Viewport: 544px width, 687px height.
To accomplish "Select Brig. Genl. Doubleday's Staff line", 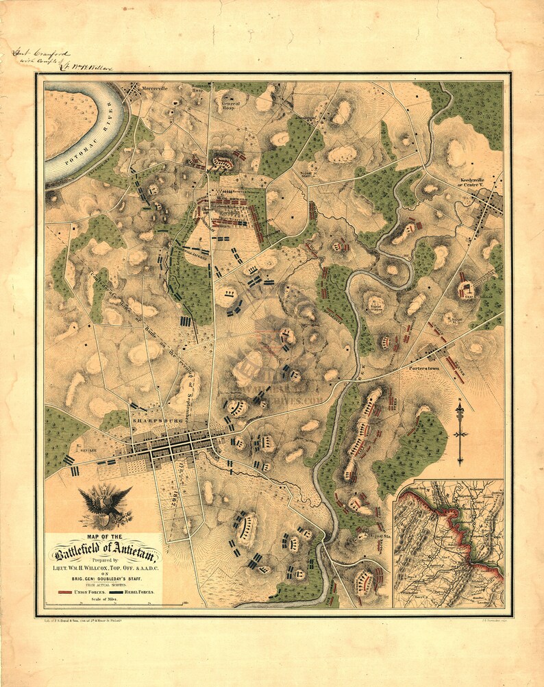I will [x=104, y=578].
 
